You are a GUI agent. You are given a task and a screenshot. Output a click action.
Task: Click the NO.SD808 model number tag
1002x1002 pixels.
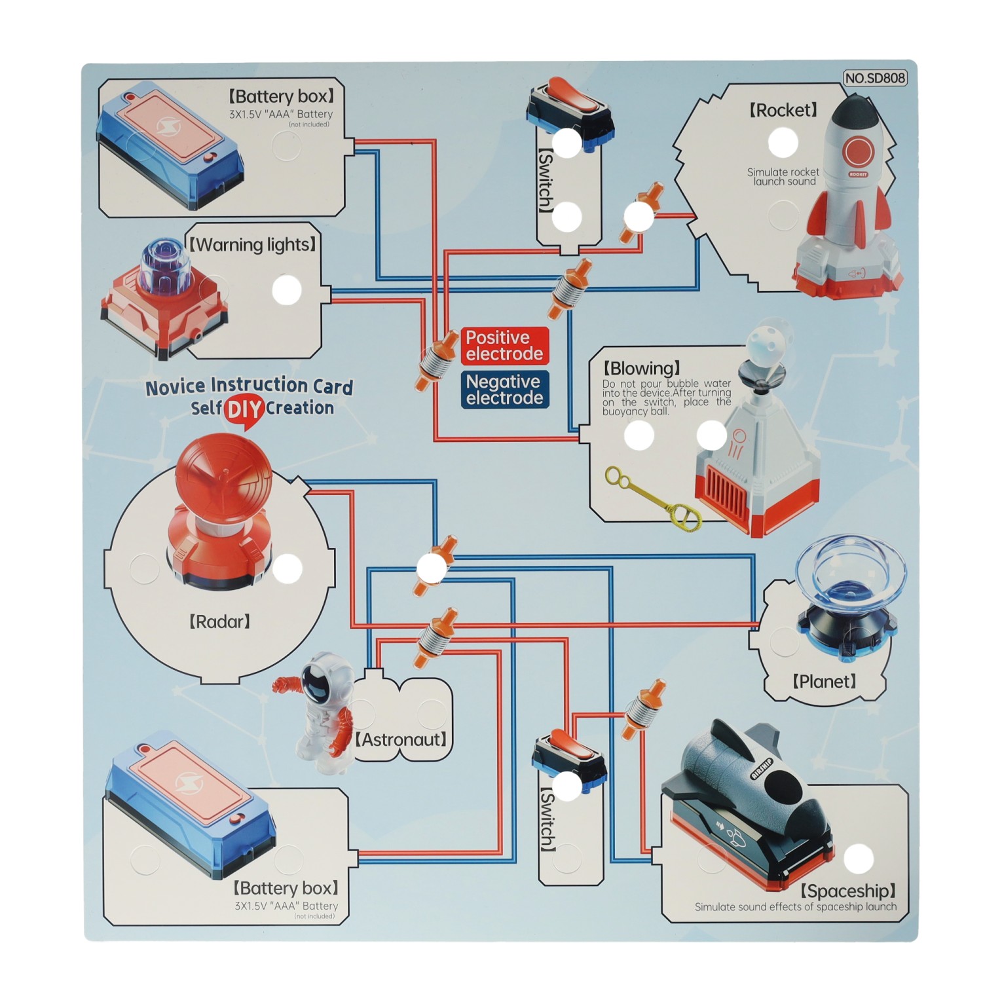874,78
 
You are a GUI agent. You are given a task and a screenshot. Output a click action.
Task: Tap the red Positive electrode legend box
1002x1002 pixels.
504,346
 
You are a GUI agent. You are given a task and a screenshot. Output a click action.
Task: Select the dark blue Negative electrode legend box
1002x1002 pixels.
504,390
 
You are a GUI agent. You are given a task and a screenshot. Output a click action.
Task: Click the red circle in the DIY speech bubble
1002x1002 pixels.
244,409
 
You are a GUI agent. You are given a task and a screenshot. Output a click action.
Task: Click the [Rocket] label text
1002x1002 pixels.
783,110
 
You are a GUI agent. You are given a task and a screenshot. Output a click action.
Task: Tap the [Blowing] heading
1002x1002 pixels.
641,368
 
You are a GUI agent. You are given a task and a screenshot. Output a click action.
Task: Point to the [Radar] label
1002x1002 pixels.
219,622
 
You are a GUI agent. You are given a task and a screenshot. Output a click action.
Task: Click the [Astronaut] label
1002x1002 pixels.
401,740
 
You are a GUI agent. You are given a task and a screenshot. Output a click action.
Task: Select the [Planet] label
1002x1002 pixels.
824,682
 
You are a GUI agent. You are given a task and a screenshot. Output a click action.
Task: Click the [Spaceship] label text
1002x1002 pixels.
847,891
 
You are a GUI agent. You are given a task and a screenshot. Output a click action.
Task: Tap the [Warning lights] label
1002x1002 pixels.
253,245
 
